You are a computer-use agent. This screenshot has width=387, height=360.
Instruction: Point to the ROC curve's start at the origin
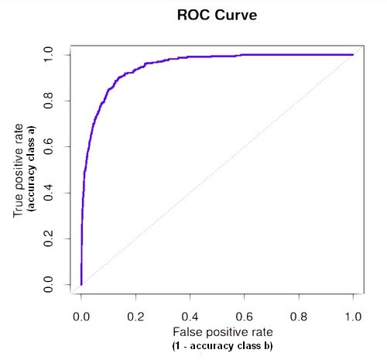(81, 284)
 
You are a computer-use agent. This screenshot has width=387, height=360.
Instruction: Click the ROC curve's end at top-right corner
(352, 55)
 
